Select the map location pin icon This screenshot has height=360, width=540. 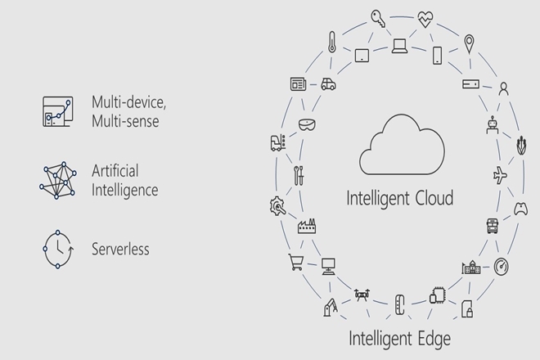point(470,43)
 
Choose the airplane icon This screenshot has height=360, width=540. point(501,174)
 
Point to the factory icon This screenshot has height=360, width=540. point(307,226)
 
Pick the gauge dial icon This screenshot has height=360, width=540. point(501,267)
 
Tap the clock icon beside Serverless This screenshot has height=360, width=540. point(57,249)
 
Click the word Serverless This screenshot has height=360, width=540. point(120,249)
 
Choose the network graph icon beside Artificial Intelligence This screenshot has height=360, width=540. point(57,180)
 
